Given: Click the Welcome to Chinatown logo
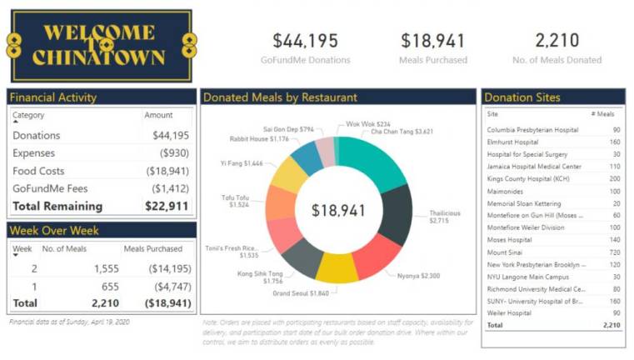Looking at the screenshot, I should click(x=99, y=45).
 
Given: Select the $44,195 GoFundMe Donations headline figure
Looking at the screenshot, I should click(x=305, y=41).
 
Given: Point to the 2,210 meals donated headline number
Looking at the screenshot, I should click(x=557, y=41).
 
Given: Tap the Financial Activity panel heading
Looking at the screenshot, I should click(x=53, y=97).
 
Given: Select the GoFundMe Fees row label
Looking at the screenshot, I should click(x=50, y=188).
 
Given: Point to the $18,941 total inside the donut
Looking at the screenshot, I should click(x=338, y=211).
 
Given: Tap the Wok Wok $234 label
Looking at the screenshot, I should click(x=368, y=123).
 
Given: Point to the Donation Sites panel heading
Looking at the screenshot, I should click(x=522, y=97).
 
